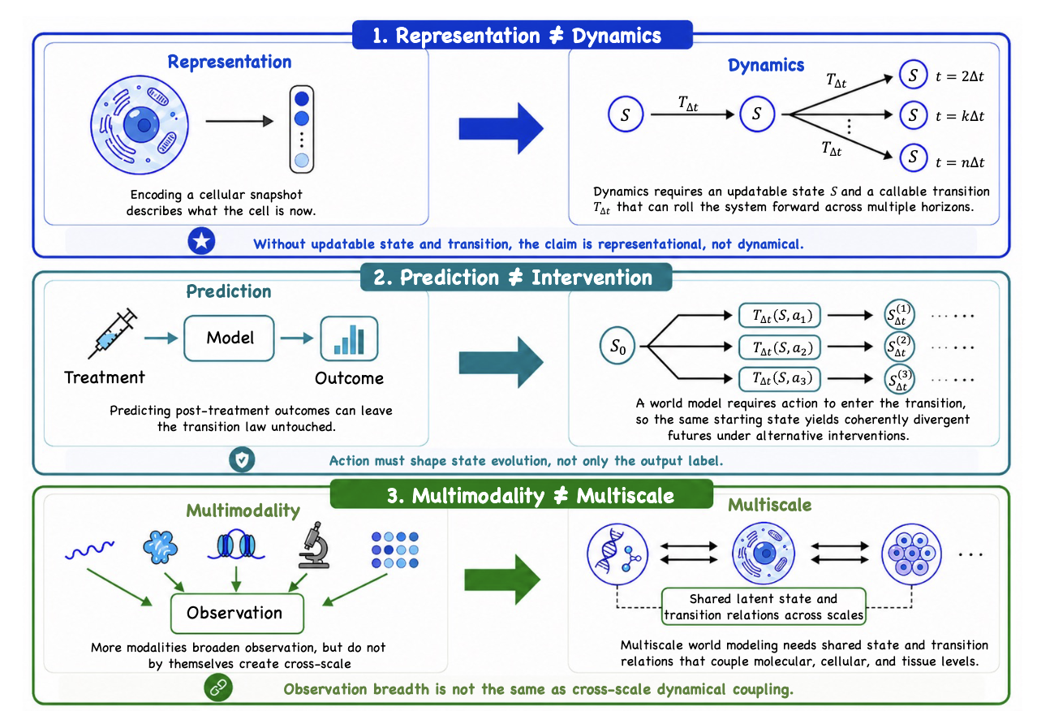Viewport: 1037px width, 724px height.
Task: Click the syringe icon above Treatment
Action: (x=113, y=334)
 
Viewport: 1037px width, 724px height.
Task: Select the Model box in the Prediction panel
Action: (x=229, y=338)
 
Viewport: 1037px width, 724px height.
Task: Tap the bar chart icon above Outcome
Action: (x=349, y=338)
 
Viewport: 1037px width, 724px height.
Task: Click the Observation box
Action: (x=237, y=614)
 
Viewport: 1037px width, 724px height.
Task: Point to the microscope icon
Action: (x=314, y=545)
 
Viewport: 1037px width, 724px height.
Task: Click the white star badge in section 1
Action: (x=201, y=241)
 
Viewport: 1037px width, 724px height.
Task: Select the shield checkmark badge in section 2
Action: (x=242, y=459)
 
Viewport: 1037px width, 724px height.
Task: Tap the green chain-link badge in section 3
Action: (x=218, y=687)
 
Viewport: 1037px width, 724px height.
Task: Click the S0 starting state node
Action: (x=617, y=346)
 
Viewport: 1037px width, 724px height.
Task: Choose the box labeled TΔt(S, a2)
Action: (x=780, y=347)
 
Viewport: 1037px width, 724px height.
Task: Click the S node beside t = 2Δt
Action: (x=913, y=75)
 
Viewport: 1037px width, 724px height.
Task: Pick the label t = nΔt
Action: (x=960, y=162)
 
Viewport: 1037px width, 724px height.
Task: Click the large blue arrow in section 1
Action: (x=501, y=128)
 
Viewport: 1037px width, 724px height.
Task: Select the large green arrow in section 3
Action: (x=502, y=580)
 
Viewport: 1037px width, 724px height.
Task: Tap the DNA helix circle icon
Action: (x=617, y=554)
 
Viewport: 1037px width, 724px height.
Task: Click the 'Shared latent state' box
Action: (x=764, y=607)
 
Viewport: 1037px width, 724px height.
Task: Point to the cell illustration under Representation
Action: (x=140, y=125)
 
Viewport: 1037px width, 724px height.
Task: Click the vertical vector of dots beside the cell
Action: (x=302, y=129)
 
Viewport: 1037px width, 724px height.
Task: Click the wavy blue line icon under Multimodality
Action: (x=89, y=549)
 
